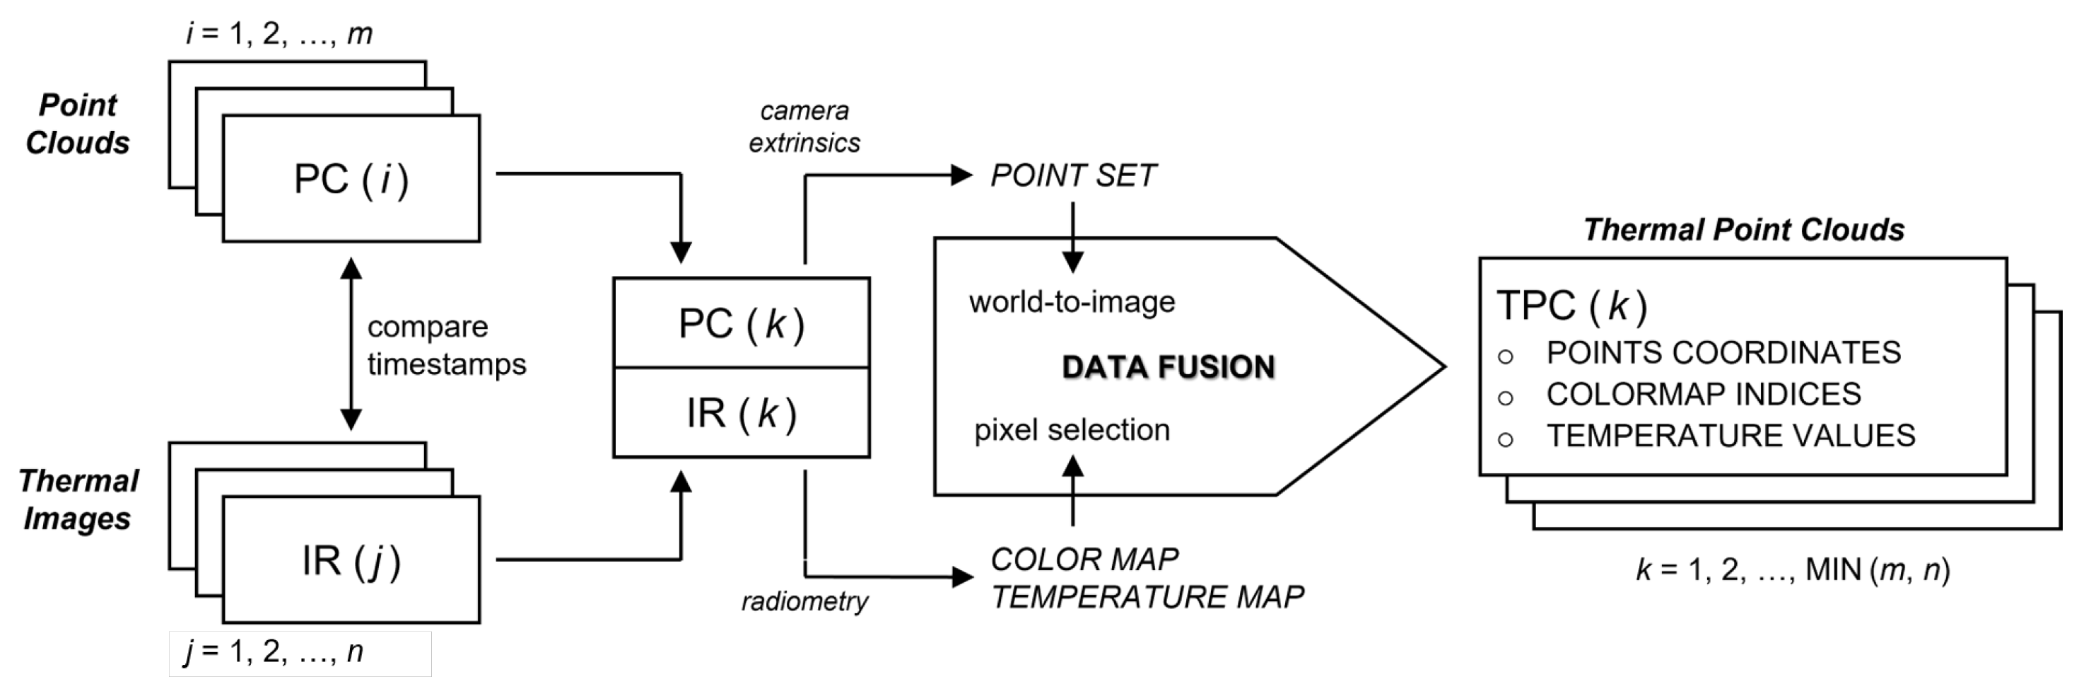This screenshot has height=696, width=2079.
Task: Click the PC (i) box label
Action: pos(351,179)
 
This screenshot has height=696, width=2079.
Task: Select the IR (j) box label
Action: pos(351,560)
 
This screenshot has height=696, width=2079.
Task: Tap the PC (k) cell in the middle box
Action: pos(741,324)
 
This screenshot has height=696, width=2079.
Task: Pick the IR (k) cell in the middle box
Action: pos(741,413)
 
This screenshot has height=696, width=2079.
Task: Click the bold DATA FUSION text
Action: pos(1168,367)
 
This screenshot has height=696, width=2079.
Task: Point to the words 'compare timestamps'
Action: pos(445,346)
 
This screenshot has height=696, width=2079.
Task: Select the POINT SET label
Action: pos(1072,176)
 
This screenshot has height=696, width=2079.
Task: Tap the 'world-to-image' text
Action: pos(1072,302)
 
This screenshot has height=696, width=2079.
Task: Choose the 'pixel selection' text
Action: pos(1072,430)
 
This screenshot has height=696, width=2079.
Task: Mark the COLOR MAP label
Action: pos(1084,559)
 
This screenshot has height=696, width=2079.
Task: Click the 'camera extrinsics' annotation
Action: pos(804,127)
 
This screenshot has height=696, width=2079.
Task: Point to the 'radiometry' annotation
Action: pos(804,601)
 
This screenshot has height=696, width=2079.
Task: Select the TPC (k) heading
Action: pos(1571,306)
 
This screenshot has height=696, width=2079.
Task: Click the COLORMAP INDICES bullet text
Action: pos(1703,394)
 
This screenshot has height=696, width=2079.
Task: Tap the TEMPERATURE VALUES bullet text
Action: pos(1730,436)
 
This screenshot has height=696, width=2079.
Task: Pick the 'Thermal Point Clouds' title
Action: pos(1743,230)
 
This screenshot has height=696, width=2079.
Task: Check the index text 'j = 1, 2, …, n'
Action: pos(274,651)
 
